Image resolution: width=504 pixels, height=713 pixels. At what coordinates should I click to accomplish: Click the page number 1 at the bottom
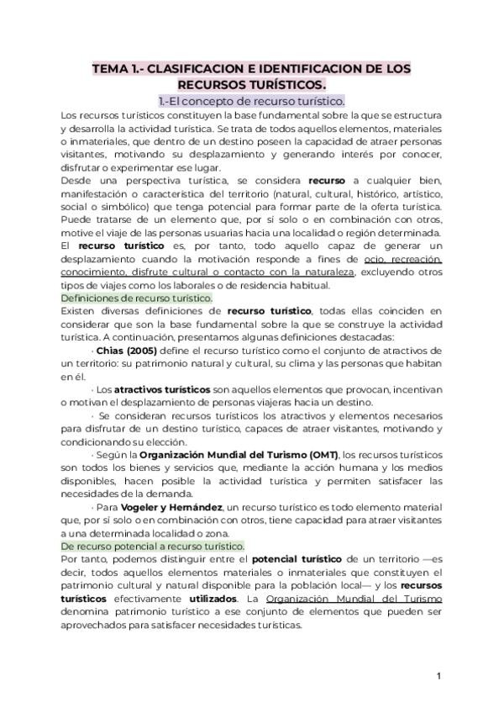[x=438, y=676]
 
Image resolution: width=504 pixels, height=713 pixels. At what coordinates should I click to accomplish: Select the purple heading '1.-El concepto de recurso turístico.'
[x=251, y=101]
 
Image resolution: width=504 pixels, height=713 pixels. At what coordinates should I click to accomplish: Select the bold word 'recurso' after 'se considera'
[x=326, y=180]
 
